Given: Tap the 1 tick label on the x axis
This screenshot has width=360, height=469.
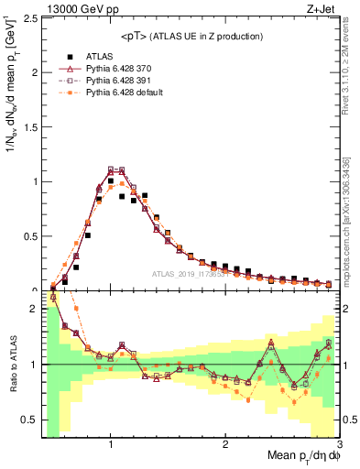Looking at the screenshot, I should point(111,444).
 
